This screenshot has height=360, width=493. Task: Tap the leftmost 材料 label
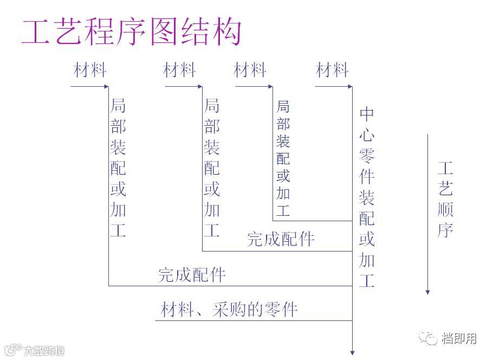(x=90, y=70)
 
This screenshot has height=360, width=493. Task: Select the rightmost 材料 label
(x=332, y=70)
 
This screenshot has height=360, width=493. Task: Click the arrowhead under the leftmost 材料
(x=106, y=86)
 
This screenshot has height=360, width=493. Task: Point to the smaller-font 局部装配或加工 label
(x=283, y=158)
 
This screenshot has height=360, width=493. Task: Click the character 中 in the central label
(x=367, y=114)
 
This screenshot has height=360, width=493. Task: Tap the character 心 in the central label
(x=367, y=135)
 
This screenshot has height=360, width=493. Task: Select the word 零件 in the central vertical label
(x=367, y=166)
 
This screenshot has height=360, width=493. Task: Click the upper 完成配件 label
(x=281, y=239)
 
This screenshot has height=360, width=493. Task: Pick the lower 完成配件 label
(x=192, y=275)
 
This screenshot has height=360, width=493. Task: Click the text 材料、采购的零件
(x=229, y=310)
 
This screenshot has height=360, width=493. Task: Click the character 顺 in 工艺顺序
(x=445, y=209)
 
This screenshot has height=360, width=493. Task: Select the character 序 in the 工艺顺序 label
(x=445, y=230)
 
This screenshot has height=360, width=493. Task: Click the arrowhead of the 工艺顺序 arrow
(x=427, y=292)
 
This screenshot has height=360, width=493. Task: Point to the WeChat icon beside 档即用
(x=432, y=339)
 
